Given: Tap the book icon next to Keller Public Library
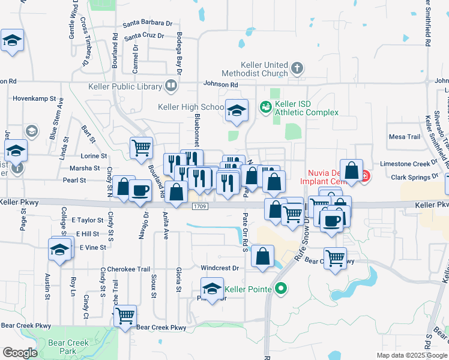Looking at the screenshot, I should (x=171, y=86).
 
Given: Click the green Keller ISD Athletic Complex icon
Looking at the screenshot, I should (x=265, y=107).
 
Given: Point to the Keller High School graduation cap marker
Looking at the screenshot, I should (x=237, y=110).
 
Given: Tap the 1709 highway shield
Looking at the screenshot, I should (x=200, y=207).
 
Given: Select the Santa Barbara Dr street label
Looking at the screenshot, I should (x=148, y=23).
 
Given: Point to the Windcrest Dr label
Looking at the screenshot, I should (x=219, y=268).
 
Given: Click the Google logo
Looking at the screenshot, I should (x=20, y=353).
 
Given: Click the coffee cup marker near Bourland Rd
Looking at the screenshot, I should (x=140, y=190).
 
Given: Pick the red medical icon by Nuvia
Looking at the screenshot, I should (x=364, y=176).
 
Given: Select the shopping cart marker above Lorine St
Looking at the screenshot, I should (x=140, y=146).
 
